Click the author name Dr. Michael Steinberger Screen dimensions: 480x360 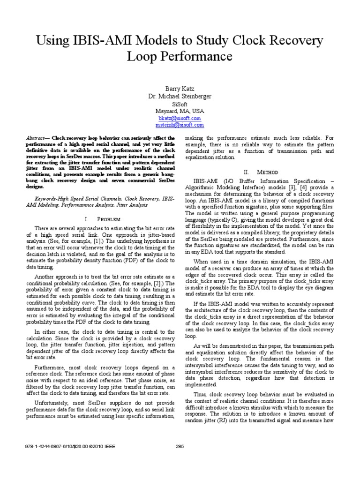[180, 96]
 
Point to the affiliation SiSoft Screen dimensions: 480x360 [180, 104]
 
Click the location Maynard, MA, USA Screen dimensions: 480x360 [180, 111]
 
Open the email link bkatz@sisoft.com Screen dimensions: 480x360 [180, 119]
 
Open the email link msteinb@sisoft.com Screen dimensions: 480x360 [180, 125]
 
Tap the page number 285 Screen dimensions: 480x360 [180, 446]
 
